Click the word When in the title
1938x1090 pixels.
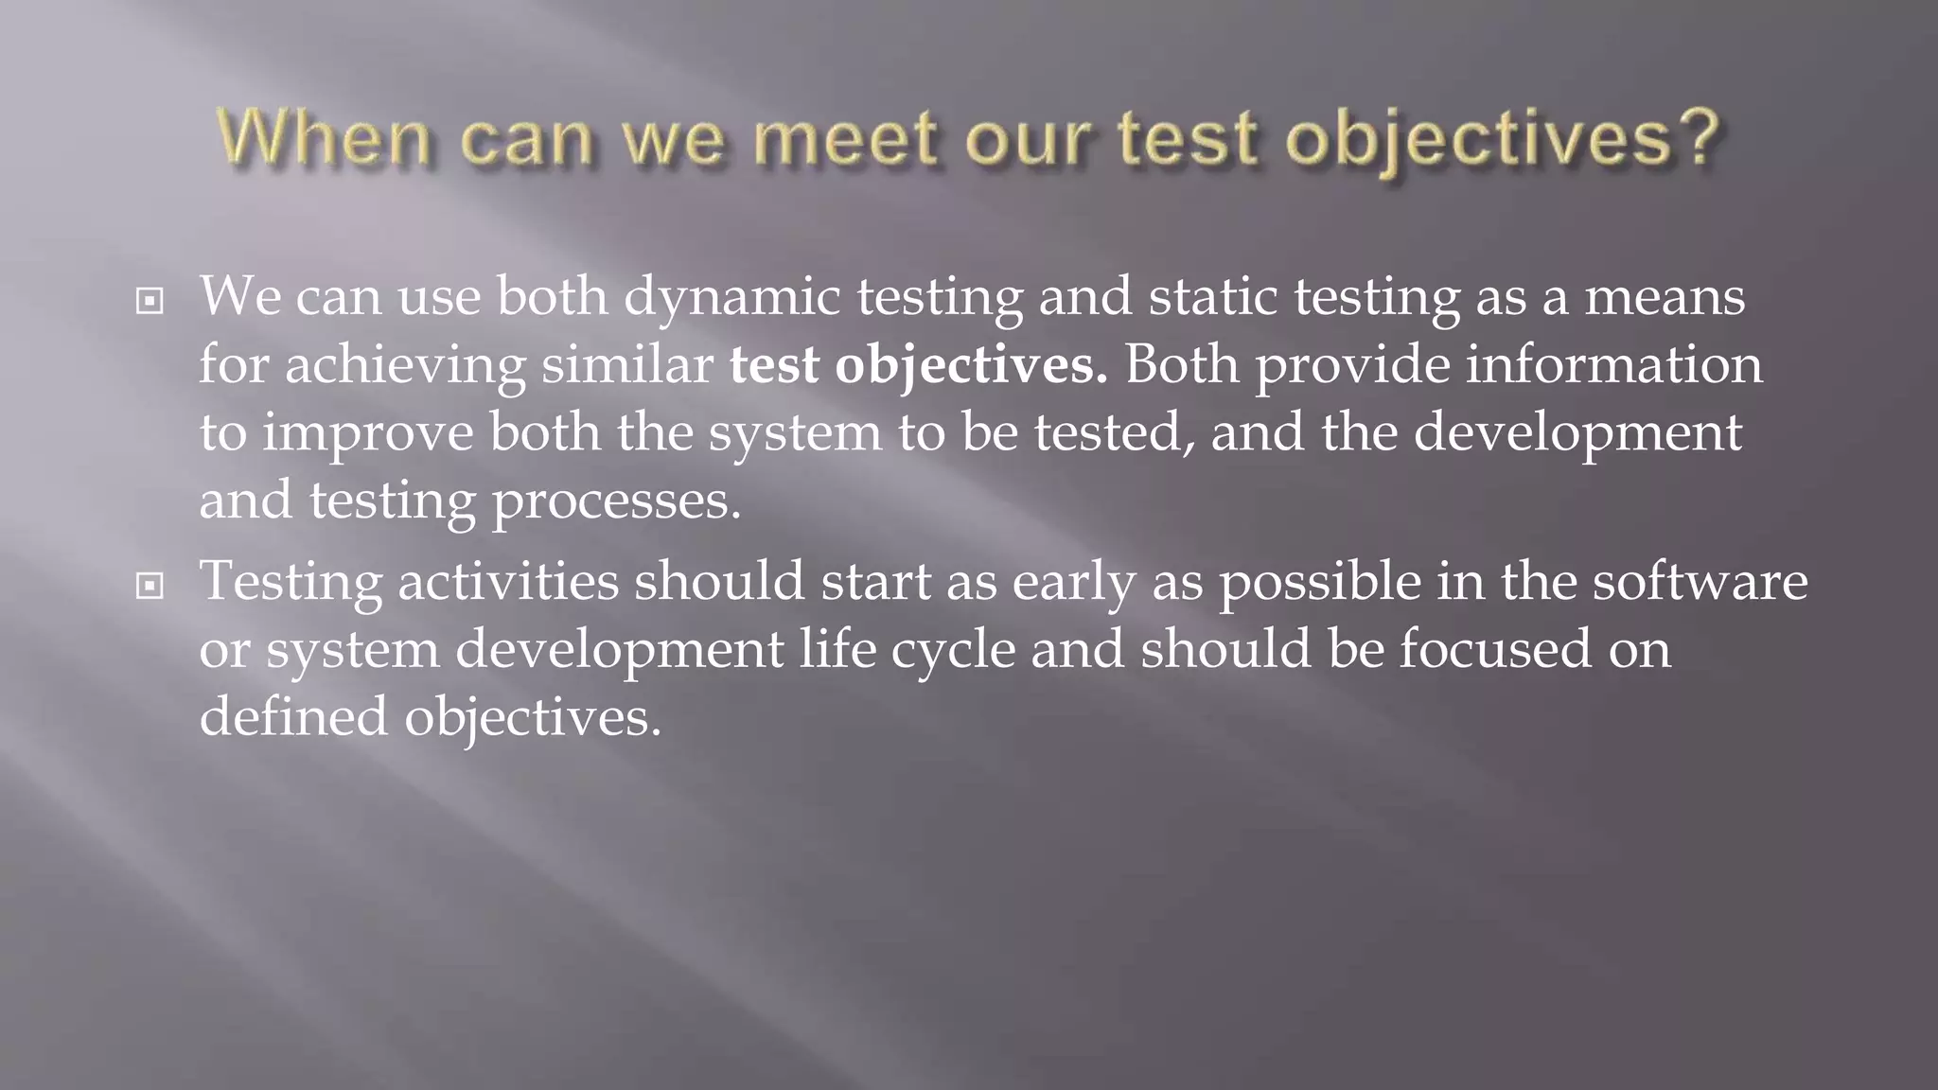[x=325, y=138]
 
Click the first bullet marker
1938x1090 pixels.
[x=150, y=302]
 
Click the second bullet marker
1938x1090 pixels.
[x=150, y=587]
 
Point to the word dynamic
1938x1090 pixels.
[x=731, y=297]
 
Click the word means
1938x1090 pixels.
[x=1665, y=297]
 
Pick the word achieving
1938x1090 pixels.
[x=405, y=365]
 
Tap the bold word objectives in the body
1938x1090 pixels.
[x=971, y=367]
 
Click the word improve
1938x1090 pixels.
[x=367, y=433]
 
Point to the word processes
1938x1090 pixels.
[x=616, y=501]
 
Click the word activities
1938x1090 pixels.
[x=508, y=581]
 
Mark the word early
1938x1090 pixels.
[x=1074, y=583]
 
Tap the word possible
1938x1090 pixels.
[x=1319, y=583]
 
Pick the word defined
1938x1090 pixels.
[x=293, y=717]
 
